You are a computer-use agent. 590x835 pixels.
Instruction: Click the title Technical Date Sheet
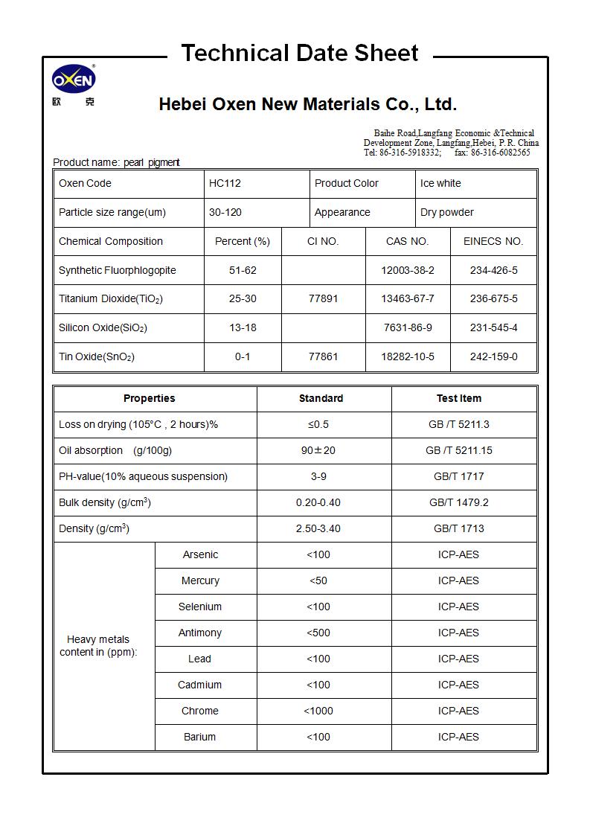tap(300, 54)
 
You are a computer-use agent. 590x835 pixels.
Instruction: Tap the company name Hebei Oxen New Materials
tap(307, 104)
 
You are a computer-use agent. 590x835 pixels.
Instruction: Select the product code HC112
tap(225, 183)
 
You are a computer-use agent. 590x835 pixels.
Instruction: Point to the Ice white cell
tap(440, 183)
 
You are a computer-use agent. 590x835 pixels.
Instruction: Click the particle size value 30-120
tap(225, 212)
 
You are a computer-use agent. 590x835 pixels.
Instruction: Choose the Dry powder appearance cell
tap(446, 212)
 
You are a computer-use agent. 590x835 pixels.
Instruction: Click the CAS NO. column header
tap(407, 241)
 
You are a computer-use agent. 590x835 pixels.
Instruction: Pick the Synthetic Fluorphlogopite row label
tap(118, 270)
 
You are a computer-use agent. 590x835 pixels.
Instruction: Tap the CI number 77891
tap(323, 298)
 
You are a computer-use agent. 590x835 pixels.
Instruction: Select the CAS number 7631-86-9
tap(407, 327)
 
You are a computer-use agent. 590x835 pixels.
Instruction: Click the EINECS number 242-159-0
tap(493, 356)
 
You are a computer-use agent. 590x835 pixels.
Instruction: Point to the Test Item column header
tap(458, 398)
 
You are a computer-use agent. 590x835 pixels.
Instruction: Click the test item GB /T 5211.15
tap(458, 450)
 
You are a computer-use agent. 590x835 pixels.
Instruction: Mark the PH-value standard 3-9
tap(318, 476)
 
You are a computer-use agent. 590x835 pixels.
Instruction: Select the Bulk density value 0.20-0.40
tap(318, 502)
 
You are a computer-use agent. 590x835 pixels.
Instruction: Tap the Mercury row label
tap(200, 580)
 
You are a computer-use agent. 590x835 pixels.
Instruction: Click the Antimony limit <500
tap(318, 633)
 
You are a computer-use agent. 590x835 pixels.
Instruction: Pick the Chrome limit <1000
tap(318, 711)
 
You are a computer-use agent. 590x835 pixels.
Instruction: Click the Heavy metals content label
tap(98, 645)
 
